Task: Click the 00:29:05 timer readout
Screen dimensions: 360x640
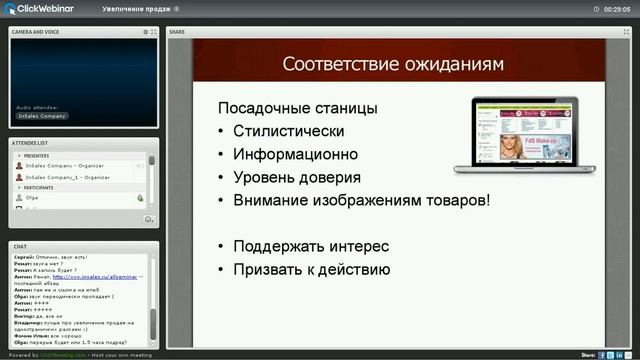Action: click(x=616, y=9)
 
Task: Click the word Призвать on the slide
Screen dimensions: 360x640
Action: click(x=270, y=269)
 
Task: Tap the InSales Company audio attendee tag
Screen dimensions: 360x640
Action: click(x=41, y=116)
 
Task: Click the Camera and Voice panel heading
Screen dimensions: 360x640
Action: click(x=35, y=32)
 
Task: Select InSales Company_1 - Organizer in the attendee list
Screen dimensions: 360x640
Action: click(x=67, y=177)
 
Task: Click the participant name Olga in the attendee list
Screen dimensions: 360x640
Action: click(x=32, y=198)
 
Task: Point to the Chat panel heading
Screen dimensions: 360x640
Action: click(x=19, y=245)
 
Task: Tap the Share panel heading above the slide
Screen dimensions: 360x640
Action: click(x=177, y=32)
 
